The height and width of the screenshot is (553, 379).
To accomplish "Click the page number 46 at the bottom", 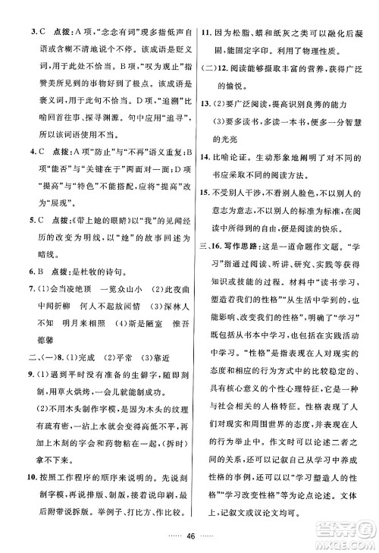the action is pyautogui.click(x=189, y=535).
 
